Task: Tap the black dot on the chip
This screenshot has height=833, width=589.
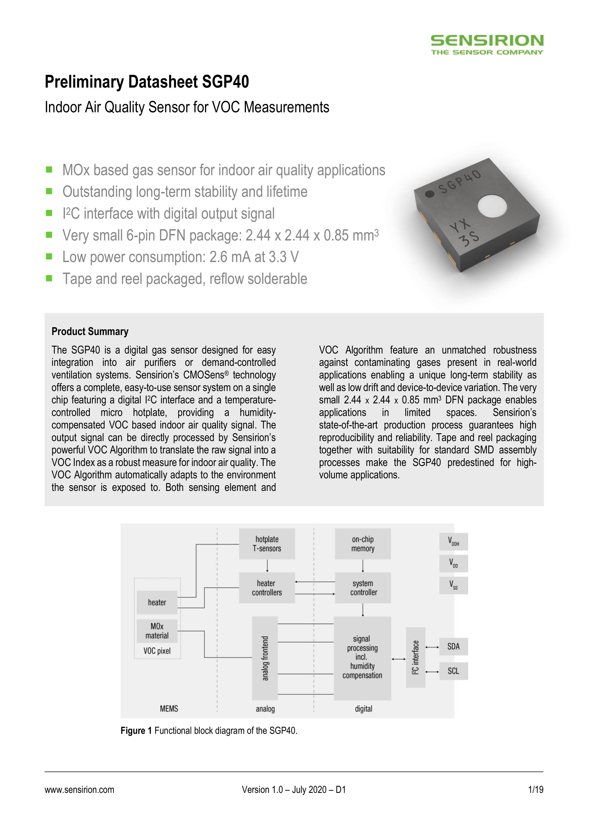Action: pos(430,194)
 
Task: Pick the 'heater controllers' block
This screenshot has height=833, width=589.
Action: pos(267,588)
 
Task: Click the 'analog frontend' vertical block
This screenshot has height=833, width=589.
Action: pos(265,658)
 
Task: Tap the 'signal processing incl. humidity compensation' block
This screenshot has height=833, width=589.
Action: pos(363,658)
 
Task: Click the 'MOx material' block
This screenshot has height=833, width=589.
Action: pos(157,631)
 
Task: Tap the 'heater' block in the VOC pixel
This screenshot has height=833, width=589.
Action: pos(157,602)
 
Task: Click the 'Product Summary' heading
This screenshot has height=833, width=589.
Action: pos(90,331)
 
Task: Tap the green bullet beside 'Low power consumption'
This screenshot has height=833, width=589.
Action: pos(49,257)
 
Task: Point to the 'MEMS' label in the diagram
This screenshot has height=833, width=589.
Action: pos(169,709)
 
